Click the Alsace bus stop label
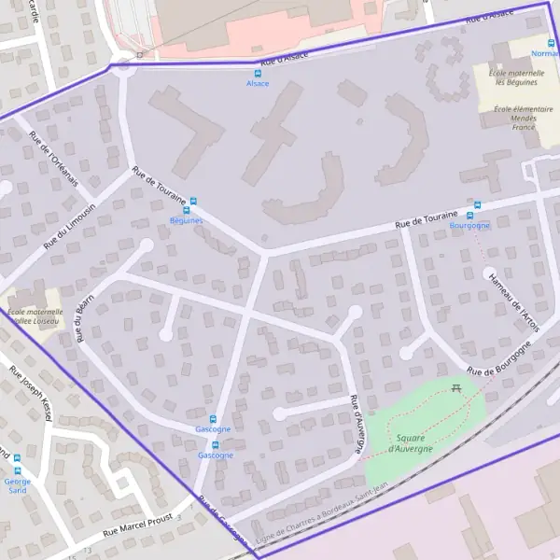(257, 84)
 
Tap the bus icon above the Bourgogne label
(477, 205)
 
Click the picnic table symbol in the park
(456, 387)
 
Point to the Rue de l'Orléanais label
(54, 160)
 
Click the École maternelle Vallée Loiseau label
(34, 316)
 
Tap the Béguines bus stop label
(186, 220)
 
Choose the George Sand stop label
(17, 485)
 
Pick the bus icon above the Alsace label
(258, 73)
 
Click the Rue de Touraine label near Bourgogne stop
(426, 219)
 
